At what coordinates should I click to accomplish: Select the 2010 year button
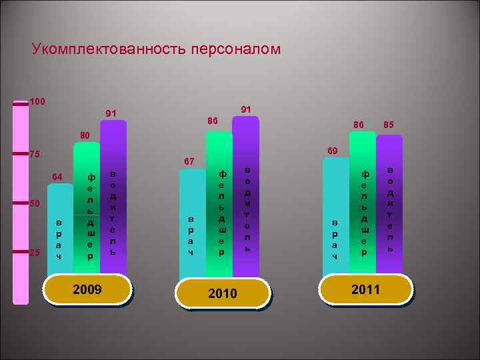(222, 293)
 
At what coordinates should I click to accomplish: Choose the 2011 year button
(365, 289)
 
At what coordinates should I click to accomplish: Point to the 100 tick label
(37, 102)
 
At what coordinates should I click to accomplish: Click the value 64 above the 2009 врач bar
(57, 176)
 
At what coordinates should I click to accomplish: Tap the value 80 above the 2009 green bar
(85, 136)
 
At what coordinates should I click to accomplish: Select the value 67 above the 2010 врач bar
(189, 161)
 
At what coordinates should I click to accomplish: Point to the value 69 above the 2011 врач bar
(332, 151)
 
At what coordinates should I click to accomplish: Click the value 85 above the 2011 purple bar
(389, 124)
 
